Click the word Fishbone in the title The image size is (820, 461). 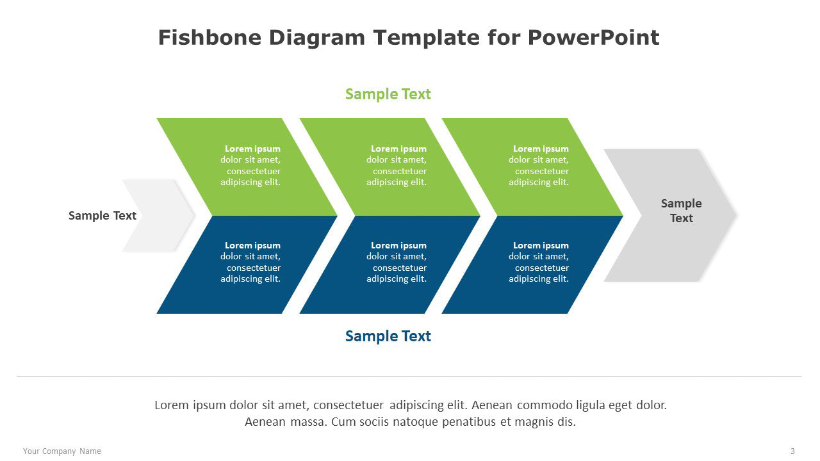pyautogui.click(x=209, y=37)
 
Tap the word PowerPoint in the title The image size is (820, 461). pyautogui.click(x=593, y=37)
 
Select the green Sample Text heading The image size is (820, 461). pyautogui.click(x=388, y=94)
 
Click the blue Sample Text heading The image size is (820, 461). pyautogui.click(x=388, y=336)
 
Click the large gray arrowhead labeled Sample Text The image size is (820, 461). pyautogui.click(x=670, y=215)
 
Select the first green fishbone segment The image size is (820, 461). pyautogui.click(x=247, y=166)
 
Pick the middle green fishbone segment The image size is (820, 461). pyautogui.click(x=390, y=166)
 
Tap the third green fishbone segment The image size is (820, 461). pyautogui.click(x=532, y=166)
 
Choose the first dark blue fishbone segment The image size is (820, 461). pyautogui.click(x=247, y=264)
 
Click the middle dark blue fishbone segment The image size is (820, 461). pyautogui.click(x=390, y=264)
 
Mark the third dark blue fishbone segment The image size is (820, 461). pyautogui.click(x=532, y=264)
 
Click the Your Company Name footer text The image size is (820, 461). pyautogui.click(x=62, y=451)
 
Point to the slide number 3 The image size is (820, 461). pyautogui.click(x=792, y=451)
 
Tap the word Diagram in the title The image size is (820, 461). pyautogui.click(x=317, y=38)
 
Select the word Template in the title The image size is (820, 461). pyautogui.click(x=427, y=38)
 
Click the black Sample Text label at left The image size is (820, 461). pyautogui.click(x=102, y=216)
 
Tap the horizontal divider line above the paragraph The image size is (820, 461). pyautogui.click(x=409, y=376)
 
